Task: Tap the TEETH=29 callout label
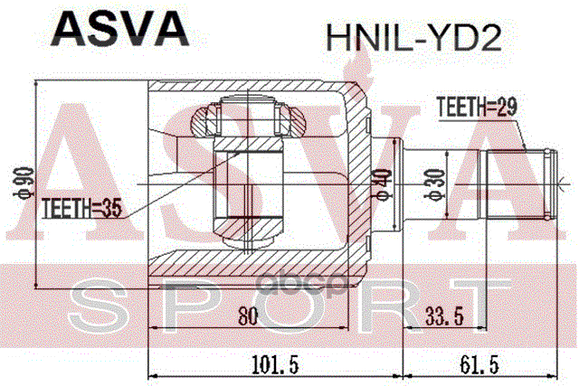pyautogui.click(x=476, y=108)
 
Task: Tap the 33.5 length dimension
pyautogui.click(x=447, y=318)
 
